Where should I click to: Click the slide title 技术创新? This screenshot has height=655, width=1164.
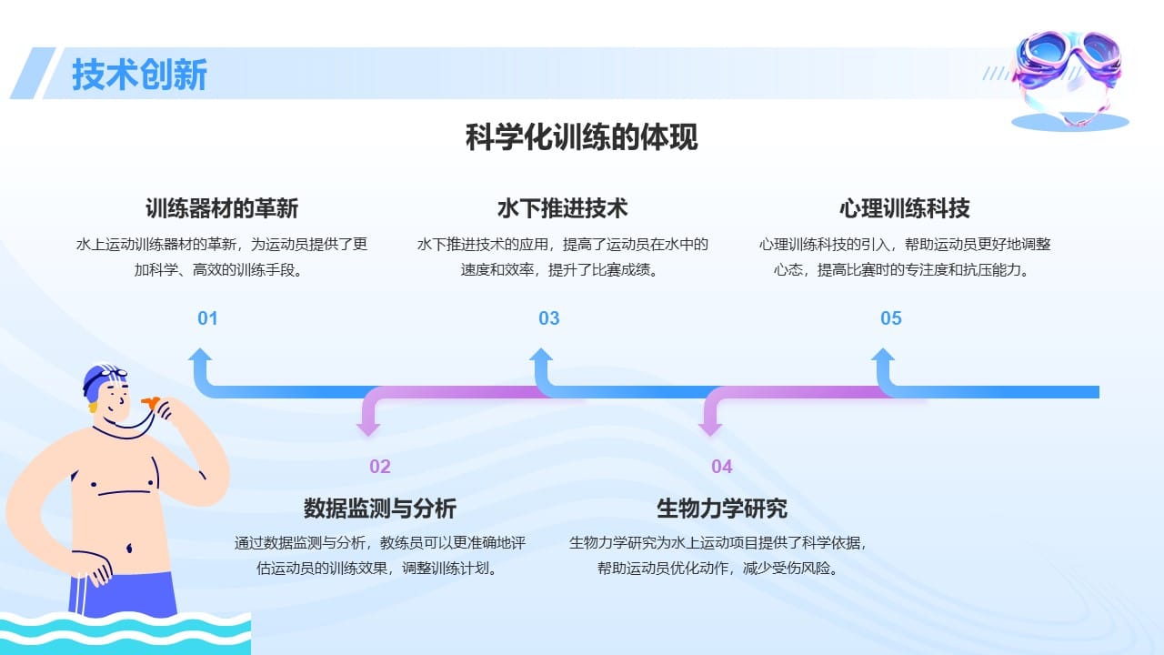tap(139, 75)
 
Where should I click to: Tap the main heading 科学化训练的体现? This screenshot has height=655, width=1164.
tap(582, 138)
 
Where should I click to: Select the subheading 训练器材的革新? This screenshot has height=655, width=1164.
tap(222, 208)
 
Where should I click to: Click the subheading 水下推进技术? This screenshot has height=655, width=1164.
tap(563, 208)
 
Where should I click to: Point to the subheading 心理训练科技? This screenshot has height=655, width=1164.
tap(905, 208)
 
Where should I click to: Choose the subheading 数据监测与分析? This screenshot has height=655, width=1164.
tap(380, 508)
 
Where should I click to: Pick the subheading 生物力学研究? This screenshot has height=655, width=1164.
tap(722, 508)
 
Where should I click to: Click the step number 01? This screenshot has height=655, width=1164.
tap(207, 318)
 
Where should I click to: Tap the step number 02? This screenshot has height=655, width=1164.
tap(380, 467)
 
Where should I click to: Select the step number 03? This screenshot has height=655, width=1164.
tap(549, 318)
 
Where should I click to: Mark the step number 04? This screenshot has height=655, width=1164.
tap(722, 467)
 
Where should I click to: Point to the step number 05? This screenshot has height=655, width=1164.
tap(891, 318)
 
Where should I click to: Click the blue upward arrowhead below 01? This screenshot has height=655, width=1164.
tap(200, 356)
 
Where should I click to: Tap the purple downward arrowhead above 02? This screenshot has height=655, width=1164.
tap(368, 426)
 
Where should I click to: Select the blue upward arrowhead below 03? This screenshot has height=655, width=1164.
tap(542, 356)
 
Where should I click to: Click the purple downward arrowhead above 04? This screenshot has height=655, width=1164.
tap(710, 426)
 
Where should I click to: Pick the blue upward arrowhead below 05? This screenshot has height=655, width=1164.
tap(883, 356)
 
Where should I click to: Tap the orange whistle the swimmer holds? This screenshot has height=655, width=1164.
tap(151, 400)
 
